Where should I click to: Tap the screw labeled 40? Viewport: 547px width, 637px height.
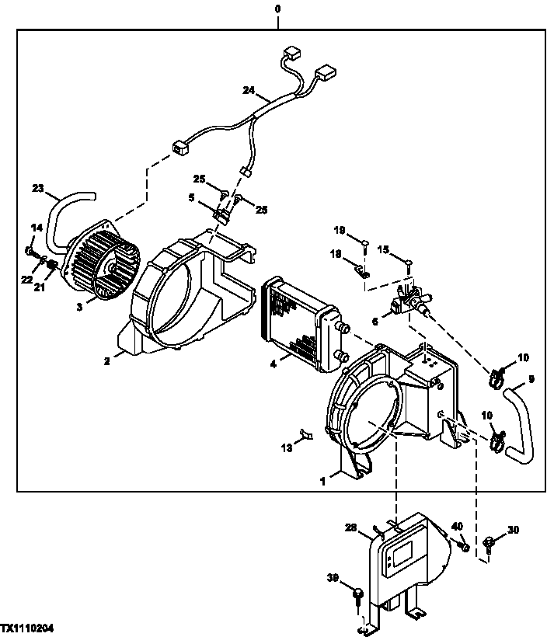(x=465, y=548)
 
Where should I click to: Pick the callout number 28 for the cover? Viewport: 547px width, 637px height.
(x=350, y=527)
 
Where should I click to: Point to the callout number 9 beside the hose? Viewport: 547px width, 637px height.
(x=531, y=380)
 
